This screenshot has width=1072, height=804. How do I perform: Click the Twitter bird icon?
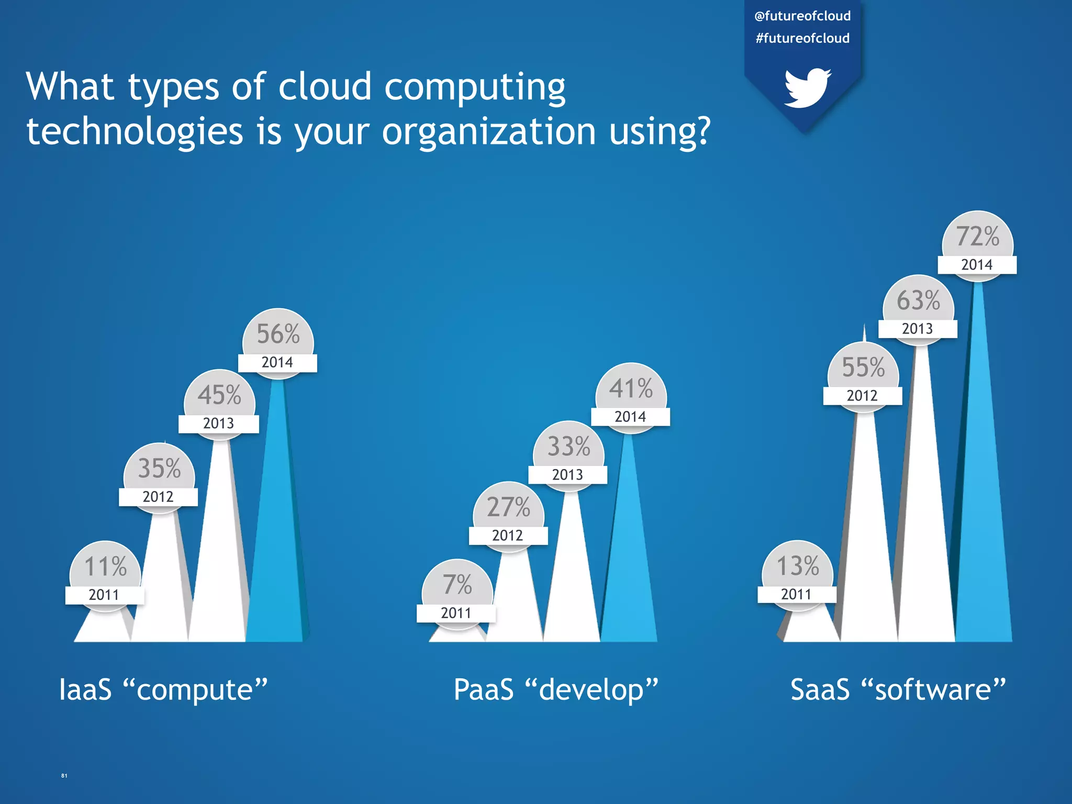(x=807, y=87)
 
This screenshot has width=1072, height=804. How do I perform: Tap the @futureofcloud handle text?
(x=802, y=16)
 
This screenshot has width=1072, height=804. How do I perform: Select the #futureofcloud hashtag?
(x=802, y=38)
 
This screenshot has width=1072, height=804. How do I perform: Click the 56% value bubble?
(x=278, y=334)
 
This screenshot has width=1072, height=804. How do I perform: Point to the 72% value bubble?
(x=977, y=236)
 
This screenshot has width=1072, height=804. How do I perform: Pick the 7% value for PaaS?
(x=457, y=584)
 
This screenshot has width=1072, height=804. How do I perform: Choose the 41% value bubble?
(x=631, y=388)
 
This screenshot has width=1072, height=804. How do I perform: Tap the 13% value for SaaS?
(x=797, y=566)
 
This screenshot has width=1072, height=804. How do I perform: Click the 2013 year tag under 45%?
(x=218, y=423)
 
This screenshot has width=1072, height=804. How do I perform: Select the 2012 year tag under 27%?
(x=508, y=535)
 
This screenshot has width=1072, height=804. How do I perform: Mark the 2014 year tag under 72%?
(x=977, y=265)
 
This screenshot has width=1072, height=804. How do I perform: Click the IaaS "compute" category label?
(x=163, y=689)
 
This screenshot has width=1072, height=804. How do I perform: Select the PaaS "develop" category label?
(x=555, y=689)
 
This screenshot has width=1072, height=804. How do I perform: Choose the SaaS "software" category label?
(x=898, y=689)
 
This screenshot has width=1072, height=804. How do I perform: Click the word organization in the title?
(x=489, y=131)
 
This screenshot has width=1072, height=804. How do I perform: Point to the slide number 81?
(x=64, y=775)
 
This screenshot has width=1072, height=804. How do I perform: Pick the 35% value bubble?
(x=159, y=468)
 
